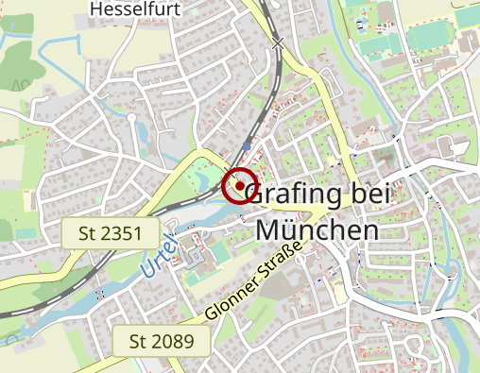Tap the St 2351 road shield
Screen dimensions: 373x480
(103, 233)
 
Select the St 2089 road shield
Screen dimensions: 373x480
(161, 341)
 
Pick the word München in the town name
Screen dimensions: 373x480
(317, 229)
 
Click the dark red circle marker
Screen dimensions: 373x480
(240, 185)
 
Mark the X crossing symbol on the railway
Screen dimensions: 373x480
(278, 42)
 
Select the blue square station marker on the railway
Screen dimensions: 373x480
(248, 146)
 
